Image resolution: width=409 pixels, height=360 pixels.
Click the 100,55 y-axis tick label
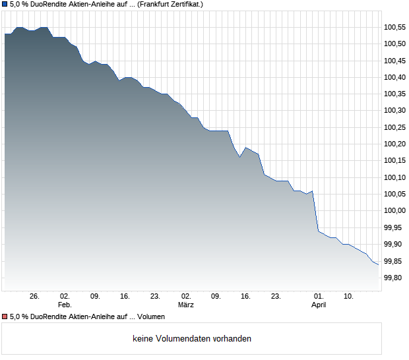394,27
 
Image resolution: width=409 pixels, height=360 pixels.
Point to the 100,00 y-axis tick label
394,211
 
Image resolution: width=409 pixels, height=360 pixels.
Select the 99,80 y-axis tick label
394,278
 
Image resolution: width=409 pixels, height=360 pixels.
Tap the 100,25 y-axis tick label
394,127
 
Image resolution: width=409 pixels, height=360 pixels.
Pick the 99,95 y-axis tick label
394,227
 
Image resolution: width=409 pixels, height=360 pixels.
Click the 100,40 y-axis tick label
394,77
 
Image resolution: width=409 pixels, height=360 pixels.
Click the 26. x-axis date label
35,296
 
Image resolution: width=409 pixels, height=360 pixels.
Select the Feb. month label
65,305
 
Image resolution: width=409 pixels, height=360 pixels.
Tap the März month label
186,305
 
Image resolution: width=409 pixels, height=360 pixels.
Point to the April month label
319,305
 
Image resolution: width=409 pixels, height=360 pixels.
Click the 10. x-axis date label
349,296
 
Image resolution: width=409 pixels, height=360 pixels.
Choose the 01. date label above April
319,296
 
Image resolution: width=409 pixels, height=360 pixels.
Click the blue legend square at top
5,4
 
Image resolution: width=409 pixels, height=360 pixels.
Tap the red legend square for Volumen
5,317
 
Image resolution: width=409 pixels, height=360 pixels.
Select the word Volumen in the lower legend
151,317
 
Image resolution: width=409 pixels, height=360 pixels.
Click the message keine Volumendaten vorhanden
192,339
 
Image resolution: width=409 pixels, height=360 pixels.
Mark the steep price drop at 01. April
315,211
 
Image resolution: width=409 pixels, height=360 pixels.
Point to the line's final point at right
378,265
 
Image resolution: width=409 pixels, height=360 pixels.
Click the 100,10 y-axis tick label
394,177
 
